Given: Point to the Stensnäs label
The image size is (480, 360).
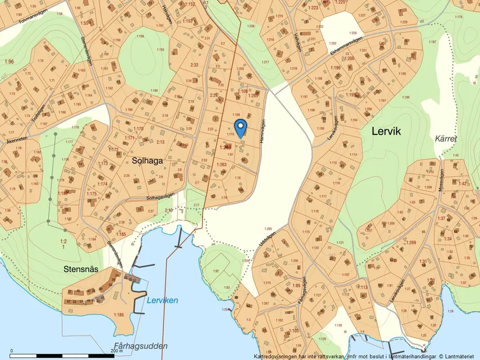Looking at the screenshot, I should coord(81,270).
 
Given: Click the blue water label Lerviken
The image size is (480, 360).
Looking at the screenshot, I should coord(162,300).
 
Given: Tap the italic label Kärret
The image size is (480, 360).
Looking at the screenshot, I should coord(446,139).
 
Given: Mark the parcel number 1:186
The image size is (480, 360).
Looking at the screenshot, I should coord(119,315).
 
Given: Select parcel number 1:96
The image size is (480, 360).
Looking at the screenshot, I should coord(9,62).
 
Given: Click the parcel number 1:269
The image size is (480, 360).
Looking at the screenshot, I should coord(411,242).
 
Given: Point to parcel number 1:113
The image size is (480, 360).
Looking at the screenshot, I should coord(362,287).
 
